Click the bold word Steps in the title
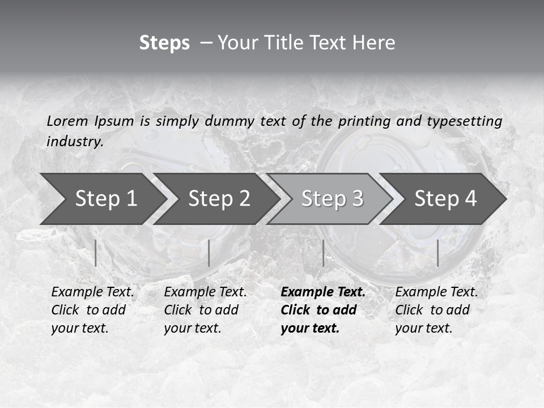(164, 43)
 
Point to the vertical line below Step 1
(96, 253)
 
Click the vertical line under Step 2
(209, 253)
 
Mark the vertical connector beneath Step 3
(323, 253)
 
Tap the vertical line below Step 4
(437, 253)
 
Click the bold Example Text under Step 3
(323, 292)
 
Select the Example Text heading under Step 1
(92, 292)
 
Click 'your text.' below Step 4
(423, 328)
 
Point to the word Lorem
(67, 121)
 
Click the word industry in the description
(75, 142)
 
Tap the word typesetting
(464, 121)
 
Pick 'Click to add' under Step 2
(201, 311)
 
